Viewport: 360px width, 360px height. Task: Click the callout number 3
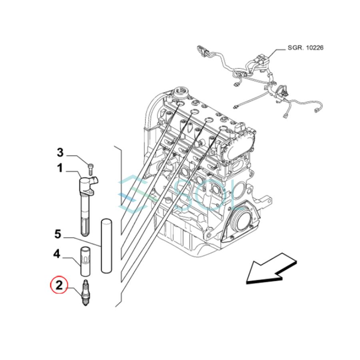(x=60, y=152)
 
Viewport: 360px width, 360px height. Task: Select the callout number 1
(x=60, y=168)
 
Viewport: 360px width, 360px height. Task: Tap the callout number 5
(x=58, y=234)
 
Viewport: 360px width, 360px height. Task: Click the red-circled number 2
(x=59, y=286)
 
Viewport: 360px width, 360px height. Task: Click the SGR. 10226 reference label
(x=305, y=48)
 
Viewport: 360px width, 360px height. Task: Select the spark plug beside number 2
(x=85, y=294)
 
